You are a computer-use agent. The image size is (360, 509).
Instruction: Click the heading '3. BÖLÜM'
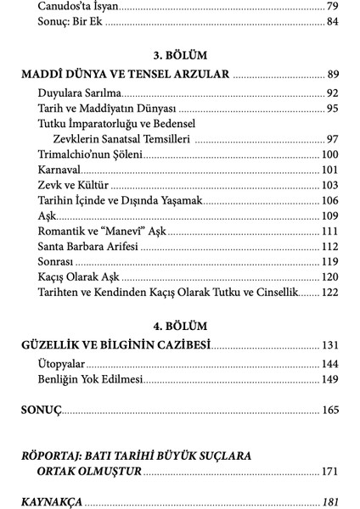[x=180, y=52]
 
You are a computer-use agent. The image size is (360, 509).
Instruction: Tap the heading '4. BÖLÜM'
[x=180, y=327]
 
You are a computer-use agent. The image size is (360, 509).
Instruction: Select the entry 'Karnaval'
[x=60, y=170]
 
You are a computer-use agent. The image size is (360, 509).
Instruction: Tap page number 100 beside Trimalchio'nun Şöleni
[x=329, y=154]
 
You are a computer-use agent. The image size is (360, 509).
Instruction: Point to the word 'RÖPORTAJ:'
[x=53, y=455]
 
